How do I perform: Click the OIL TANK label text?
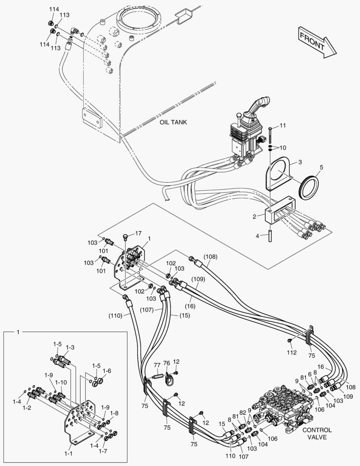(173, 122)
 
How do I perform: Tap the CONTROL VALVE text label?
(317, 433)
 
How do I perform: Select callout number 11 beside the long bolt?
(282, 126)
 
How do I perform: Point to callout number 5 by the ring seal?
(321, 167)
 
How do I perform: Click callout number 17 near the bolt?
(138, 233)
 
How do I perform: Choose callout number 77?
(157, 365)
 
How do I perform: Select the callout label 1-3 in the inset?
(70, 347)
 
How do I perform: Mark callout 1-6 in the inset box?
(106, 371)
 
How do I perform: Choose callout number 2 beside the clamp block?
(255, 216)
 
